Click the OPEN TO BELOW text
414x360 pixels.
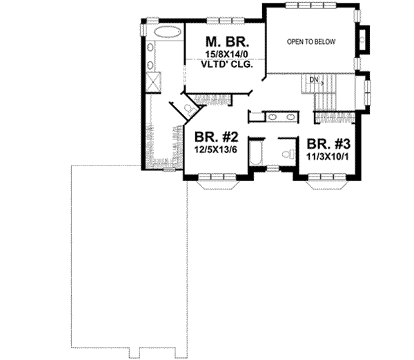[x=311, y=42]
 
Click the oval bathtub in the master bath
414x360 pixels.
[x=163, y=32]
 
